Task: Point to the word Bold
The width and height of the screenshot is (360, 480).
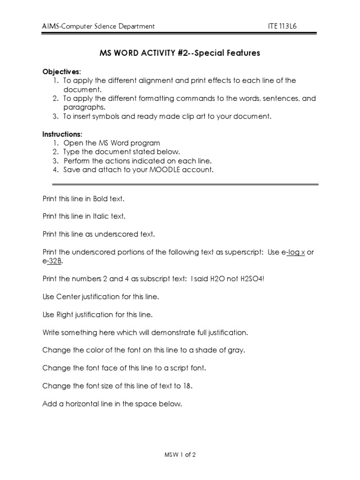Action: [100, 199]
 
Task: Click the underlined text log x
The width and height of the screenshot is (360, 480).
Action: [296, 252]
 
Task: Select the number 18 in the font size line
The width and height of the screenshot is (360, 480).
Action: [187, 386]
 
